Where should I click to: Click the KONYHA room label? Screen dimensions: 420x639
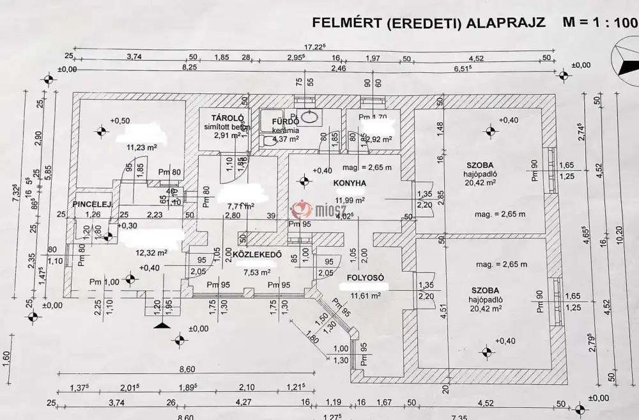tap(349, 183)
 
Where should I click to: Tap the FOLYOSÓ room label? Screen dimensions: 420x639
tap(365, 278)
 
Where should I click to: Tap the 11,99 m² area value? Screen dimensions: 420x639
tap(351, 200)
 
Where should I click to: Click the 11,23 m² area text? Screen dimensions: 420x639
tap(142, 146)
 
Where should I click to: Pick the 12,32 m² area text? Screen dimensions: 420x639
tap(151, 253)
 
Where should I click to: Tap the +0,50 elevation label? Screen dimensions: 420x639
tap(119, 120)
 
